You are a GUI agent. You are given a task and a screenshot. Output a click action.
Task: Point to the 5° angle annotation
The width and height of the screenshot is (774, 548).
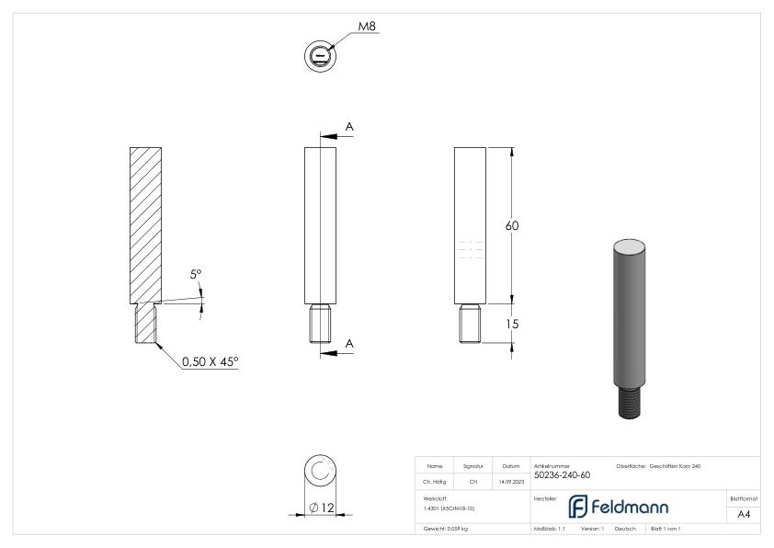click(196, 273)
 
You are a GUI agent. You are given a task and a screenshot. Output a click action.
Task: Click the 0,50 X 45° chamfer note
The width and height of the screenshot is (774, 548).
click(210, 361)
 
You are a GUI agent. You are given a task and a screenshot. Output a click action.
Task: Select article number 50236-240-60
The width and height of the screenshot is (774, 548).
click(562, 475)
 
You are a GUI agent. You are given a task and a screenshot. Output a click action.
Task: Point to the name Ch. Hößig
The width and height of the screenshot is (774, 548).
click(436, 480)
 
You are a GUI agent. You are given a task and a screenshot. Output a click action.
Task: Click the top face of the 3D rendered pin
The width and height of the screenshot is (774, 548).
click(630, 245)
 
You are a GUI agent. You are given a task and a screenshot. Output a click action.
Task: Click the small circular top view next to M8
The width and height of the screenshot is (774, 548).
click(318, 56)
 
